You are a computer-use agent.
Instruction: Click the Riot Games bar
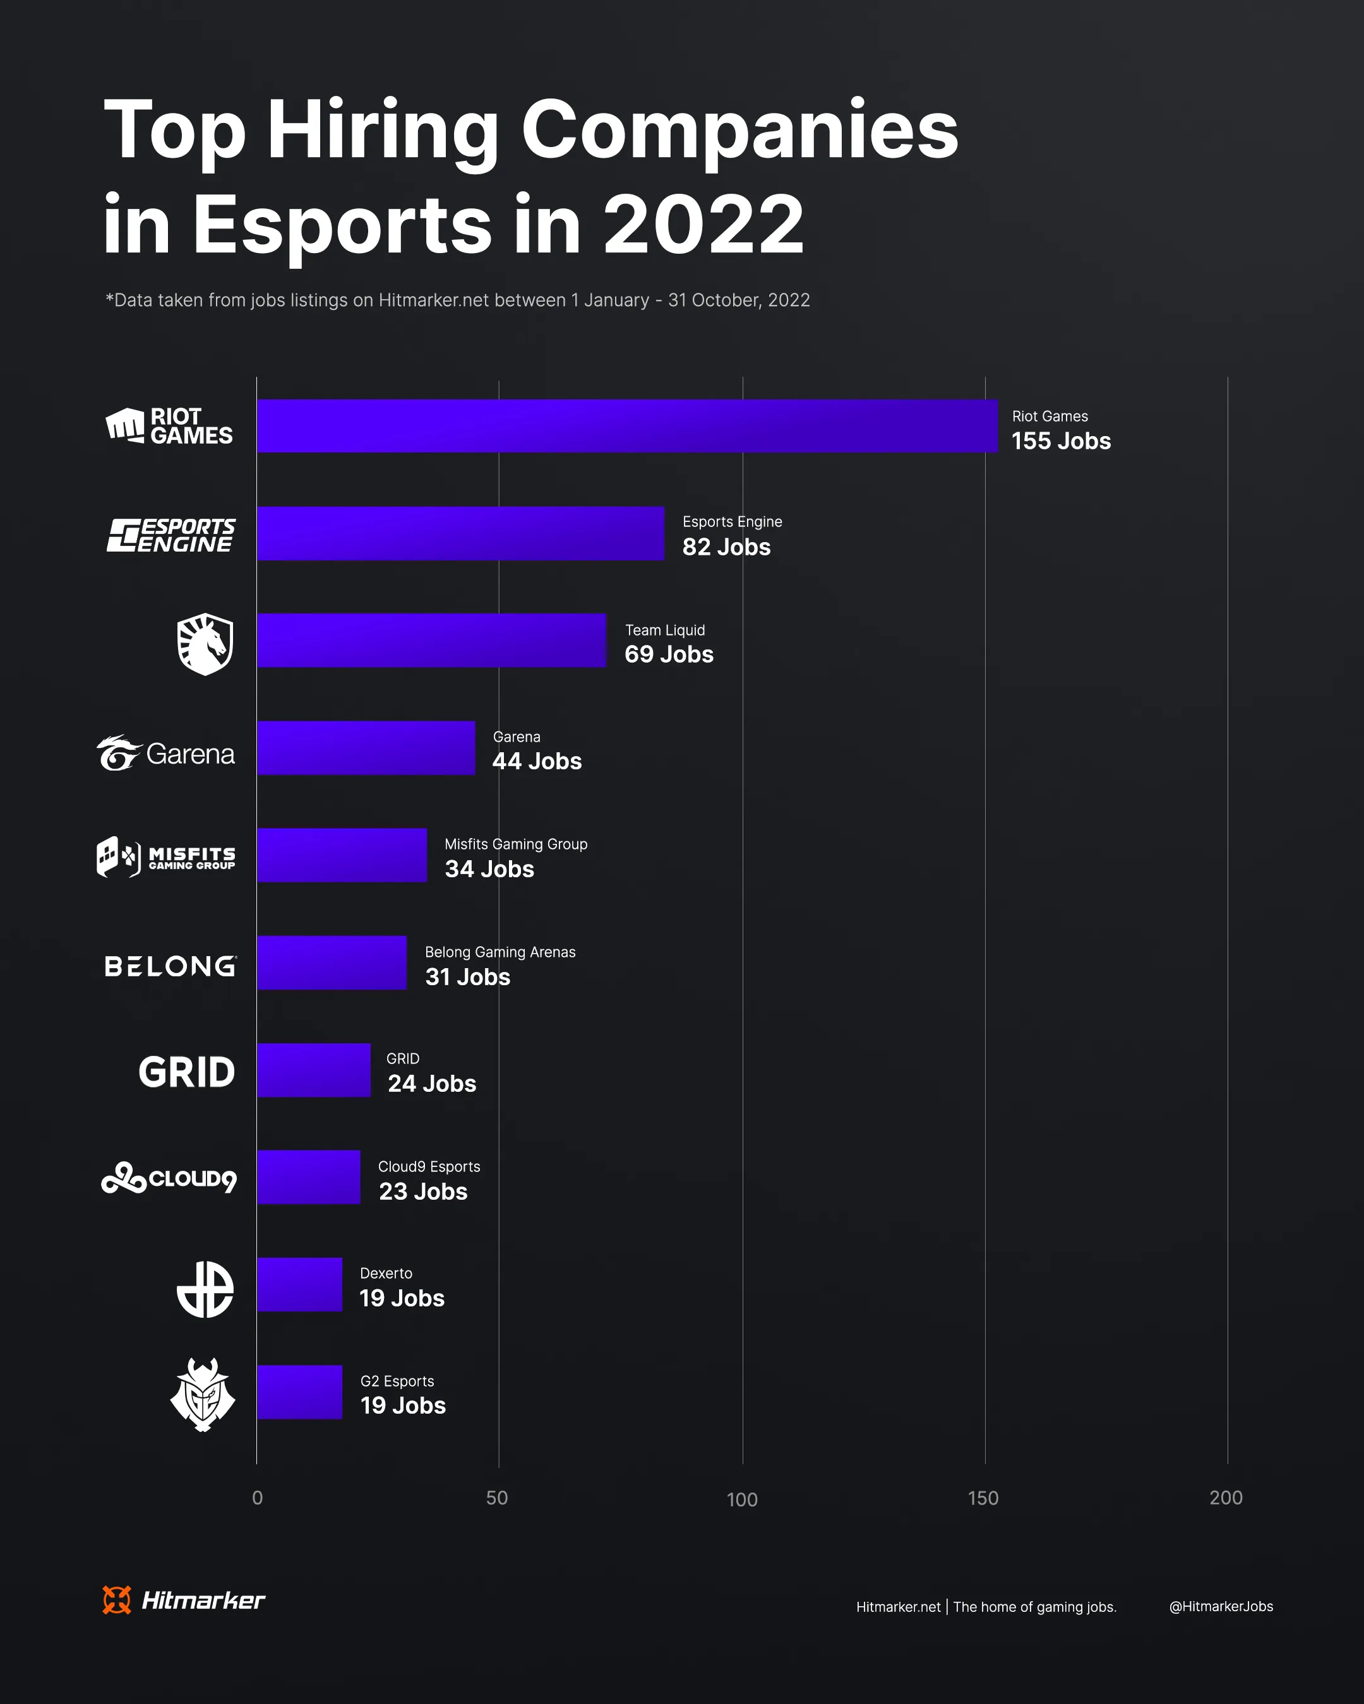click(x=627, y=426)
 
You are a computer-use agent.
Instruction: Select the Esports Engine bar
click(x=460, y=533)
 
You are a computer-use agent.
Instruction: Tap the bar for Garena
click(x=366, y=748)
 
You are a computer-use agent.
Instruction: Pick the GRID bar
click(x=313, y=1070)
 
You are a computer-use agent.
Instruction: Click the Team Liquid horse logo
click(x=205, y=644)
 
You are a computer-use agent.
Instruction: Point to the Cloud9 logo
click(x=169, y=1178)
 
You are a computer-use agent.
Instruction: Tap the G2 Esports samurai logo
click(x=203, y=1395)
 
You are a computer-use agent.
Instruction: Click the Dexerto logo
click(x=205, y=1289)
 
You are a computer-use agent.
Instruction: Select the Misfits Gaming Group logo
click(x=166, y=857)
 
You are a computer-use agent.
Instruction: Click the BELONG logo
click(x=170, y=966)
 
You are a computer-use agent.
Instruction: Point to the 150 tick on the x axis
click(x=983, y=1498)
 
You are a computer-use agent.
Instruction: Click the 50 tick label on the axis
click(x=496, y=1498)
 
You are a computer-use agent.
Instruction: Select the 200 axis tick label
click(x=1226, y=1498)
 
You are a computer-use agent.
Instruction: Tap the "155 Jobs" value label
click(x=1061, y=441)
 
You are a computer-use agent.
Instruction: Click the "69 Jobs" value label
click(x=669, y=654)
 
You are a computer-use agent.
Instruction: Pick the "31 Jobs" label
click(x=467, y=977)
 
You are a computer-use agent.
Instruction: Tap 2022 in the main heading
click(x=703, y=225)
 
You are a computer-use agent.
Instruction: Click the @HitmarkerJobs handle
click(x=1221, y=1607)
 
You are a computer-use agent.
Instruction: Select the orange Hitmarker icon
click(x=117, y=1600)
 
